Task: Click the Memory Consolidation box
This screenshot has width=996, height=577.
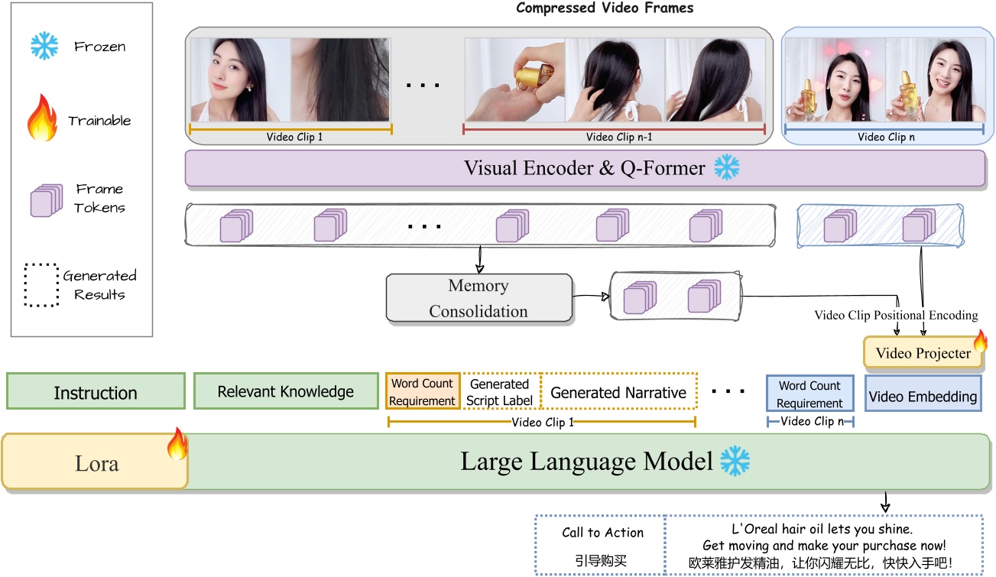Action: click(x=479, y=298)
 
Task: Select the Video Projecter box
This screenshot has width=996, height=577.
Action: click(x=923, y=353)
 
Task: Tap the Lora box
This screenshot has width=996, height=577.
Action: click(x=96, y=463)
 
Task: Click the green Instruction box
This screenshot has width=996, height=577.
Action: click(x=96, y=393)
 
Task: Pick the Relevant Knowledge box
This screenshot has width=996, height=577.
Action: click(x=286, y=392)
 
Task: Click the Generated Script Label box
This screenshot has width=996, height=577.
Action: click(x=499, y=392)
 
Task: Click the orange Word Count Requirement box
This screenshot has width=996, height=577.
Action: click(x=423, y=392)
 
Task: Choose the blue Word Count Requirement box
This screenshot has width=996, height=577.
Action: click(x=809, y=394)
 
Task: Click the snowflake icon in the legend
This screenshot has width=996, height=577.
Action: click(x=44, y=46)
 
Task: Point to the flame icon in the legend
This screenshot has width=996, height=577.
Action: click(x=43, y=120)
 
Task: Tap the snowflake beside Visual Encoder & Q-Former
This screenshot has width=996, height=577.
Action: click(x=726, y=167)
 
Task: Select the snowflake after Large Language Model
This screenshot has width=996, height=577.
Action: click(x=735, y=462)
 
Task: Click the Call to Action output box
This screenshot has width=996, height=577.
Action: click(x=602, y=545)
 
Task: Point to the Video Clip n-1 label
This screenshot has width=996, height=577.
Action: click(x=614, y=138)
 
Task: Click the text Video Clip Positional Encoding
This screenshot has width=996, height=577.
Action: click(x=896, y=315)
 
